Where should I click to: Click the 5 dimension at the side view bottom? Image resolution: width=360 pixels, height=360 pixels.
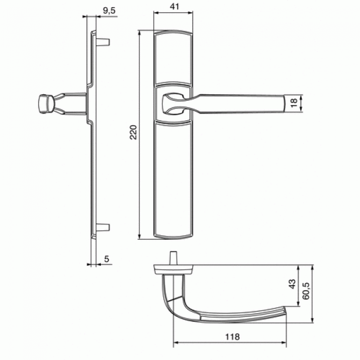pos(106,258)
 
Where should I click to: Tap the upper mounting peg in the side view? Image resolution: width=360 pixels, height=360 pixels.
pos(104,42)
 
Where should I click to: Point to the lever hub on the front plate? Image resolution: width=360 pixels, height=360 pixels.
pos(173,103)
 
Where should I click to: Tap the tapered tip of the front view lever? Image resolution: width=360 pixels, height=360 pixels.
pos(291,104)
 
